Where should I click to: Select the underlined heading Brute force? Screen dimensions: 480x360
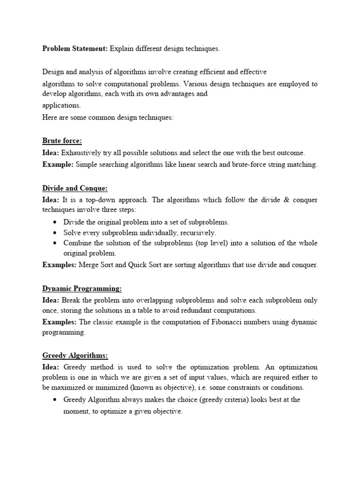click(x=62, y=141)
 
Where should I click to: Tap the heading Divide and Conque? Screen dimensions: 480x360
click(x=75, y=188)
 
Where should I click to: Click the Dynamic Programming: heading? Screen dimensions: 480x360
click(x=82, y=288)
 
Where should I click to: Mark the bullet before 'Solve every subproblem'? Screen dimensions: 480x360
click(x=56, y=233)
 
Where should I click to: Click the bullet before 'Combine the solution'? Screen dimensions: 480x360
click(x=56, y=243)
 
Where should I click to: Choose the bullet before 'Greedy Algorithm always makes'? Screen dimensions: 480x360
click(x=56, y=400)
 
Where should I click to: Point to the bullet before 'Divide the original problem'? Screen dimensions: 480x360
click(x=56, y=222)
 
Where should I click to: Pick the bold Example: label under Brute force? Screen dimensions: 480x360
click(x=58, y=165)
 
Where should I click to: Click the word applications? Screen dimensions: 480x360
click(x=61, y=105)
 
